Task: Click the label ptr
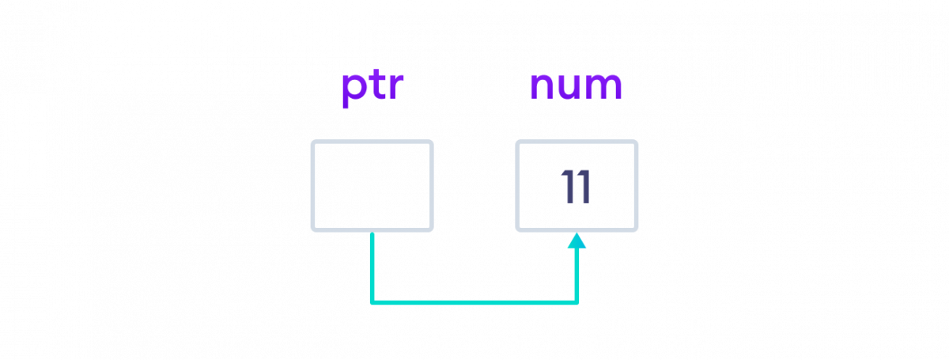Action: [372, 87]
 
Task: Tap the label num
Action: [576, 85]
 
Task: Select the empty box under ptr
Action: [372, 186]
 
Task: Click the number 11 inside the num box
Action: [576, 188]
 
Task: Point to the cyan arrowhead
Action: [577, 240]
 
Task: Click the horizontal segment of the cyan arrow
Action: [475, 301]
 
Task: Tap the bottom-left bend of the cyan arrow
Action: [372, 301]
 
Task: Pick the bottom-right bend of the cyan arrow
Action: [577, 301]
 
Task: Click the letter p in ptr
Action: [353, 89]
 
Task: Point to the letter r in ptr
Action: [395, 87]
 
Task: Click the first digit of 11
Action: [567, 188]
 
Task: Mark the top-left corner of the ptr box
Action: [313, 142]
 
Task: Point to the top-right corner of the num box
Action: [636, 142]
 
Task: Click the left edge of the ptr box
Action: [312, 186]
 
